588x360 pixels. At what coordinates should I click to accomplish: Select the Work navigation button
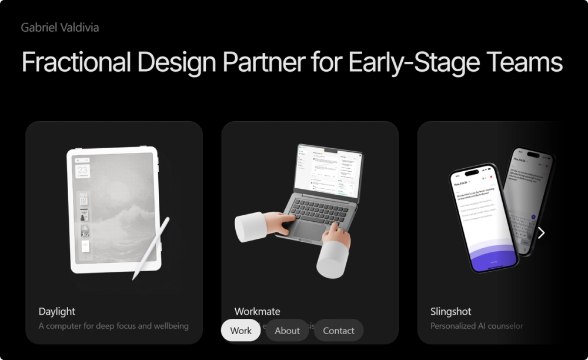point(240,331)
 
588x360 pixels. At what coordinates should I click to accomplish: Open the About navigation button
point(287,331)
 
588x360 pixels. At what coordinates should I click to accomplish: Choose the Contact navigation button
point(339,331)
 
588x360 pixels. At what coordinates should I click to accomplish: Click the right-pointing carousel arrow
point(541,233)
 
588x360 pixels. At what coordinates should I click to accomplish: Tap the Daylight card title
point(57,311)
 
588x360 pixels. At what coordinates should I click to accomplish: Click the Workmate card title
point(257,311)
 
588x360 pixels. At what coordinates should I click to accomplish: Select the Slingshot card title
point(451,311)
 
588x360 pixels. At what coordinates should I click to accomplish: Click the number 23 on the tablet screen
point(83,171)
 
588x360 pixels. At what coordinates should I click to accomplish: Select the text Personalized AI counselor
point(477,326)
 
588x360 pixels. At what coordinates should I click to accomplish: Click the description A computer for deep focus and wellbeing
point(113,326)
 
